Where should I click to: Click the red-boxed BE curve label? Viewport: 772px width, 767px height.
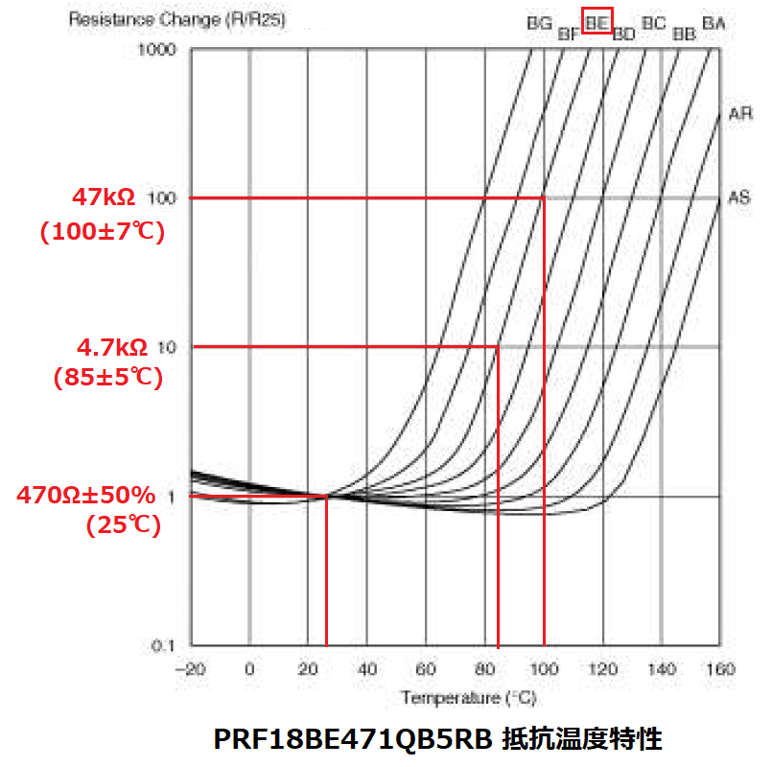(x=597, y=19)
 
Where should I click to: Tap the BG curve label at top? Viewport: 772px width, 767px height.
(x=540, y=21)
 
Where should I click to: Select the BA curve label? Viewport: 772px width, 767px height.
(x=714, y=21)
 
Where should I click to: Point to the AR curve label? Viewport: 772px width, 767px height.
(x=739, y=114)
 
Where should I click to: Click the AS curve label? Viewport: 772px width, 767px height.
(x=739, y=198)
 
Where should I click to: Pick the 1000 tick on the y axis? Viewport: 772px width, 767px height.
(x=159, y=48)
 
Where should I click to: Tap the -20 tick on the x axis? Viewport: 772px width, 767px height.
(x=190, y=668)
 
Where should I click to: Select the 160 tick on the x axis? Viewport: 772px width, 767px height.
(x=719, y=668)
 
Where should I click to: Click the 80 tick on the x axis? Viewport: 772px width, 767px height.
(x=484, y=668)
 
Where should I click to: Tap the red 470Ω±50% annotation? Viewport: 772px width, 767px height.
(x=86, y=496)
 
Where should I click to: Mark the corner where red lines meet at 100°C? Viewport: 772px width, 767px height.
(x=544, y=198)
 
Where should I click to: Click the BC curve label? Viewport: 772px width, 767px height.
(x=653, y=21)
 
